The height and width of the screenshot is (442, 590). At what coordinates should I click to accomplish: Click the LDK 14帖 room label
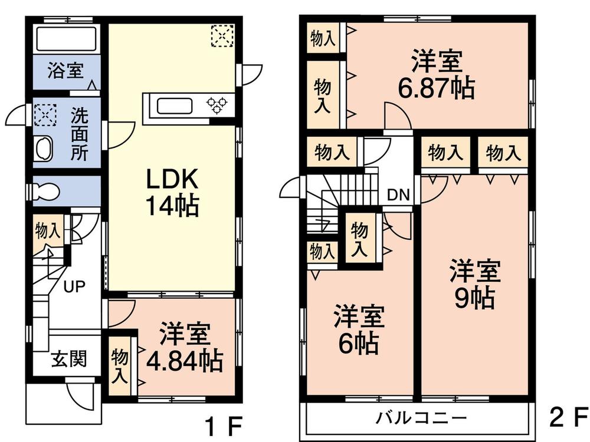coord(172,192)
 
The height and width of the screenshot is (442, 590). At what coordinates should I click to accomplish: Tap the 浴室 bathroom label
coord(65,71)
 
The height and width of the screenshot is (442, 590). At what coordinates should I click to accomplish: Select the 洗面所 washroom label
coord(80,134)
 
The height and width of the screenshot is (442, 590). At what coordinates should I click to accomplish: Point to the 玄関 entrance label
coord(69,358)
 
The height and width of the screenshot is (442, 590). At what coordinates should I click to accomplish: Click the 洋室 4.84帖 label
coord(184,347)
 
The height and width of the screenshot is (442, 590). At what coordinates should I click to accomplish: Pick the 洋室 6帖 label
coord(359,330)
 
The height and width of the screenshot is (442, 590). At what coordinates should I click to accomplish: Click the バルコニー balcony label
coord(421,418)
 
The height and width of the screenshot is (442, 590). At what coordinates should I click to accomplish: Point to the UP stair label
coord(74,287)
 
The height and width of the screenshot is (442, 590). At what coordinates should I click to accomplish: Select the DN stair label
coord(398,194)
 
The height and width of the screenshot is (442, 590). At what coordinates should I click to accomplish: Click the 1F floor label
coord(223,425)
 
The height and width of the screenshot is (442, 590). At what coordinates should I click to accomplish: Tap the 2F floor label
coord(569,417)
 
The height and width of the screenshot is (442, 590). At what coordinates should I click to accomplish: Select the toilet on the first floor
coord(46,191)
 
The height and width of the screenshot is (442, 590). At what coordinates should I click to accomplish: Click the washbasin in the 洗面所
coord(43,149)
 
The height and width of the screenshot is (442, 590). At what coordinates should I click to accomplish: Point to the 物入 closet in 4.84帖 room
coord(120,365)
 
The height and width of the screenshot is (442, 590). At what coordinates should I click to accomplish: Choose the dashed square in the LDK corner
coord(223,36)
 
